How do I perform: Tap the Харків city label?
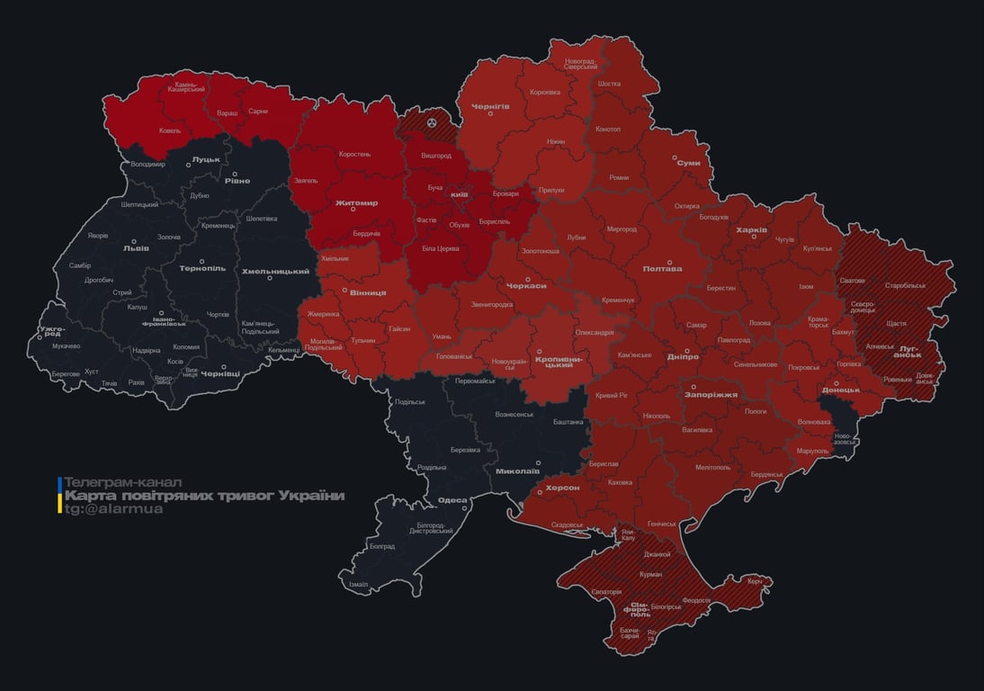(751, 230)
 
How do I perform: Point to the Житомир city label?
(356, 203)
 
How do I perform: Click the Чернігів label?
(490, 106)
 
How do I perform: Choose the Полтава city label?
(662, 268)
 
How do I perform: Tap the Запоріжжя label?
(711, 394)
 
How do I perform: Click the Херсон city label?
(562, 488)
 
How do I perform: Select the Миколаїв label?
(517, 471)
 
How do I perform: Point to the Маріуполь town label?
(812, 450)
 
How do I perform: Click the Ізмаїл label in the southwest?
(358, 584)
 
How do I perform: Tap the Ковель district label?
(170, 130)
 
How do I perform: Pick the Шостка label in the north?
(609, 84)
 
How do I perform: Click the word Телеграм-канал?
(123, 482)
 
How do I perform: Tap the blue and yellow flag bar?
(59, 496)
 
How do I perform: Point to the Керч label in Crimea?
(754, 581)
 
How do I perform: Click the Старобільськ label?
(905, 285)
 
